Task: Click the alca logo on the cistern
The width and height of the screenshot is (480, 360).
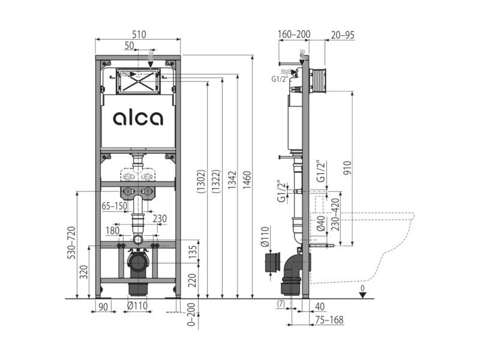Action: tap(138, 118)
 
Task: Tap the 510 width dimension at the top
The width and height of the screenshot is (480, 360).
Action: tap(139, 34)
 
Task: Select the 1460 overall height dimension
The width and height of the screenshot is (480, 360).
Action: tap(247, 180)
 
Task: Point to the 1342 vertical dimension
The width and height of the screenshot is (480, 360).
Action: tap(232, 180)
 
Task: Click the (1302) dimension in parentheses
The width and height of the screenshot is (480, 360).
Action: tap(201, 181)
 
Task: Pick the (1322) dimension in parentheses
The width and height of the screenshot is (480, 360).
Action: tap(216, 181)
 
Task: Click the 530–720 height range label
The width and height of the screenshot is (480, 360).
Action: tap(71, 242)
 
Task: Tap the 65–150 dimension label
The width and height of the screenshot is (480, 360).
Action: tap(114, 206)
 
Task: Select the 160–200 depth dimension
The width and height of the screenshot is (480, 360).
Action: tap(294, 34)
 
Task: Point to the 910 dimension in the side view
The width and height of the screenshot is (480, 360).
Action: tap(347, 168)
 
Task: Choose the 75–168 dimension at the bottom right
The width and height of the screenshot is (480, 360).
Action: tap(329, 320)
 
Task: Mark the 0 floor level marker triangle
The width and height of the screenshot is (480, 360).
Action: tap(363, 295)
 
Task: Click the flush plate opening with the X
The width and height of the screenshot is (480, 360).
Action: tap(138, 81)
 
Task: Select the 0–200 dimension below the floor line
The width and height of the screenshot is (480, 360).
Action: tap(191, 314)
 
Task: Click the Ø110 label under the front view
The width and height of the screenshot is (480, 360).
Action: tap(137, 305)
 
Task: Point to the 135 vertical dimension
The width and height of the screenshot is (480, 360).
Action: tap(192, 252)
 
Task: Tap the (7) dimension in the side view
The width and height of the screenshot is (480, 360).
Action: tap(281, 304)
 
